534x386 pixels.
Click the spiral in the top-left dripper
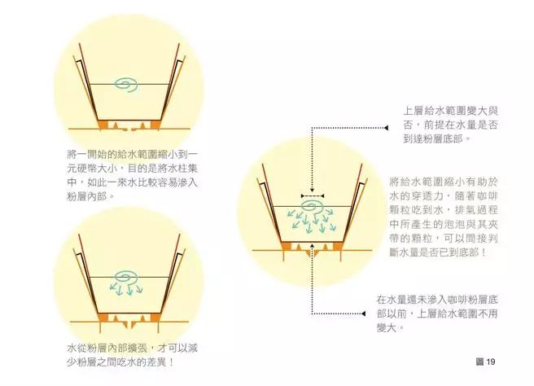click(x=129, y=82)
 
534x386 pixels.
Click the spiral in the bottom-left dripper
click(x=129, y=275)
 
